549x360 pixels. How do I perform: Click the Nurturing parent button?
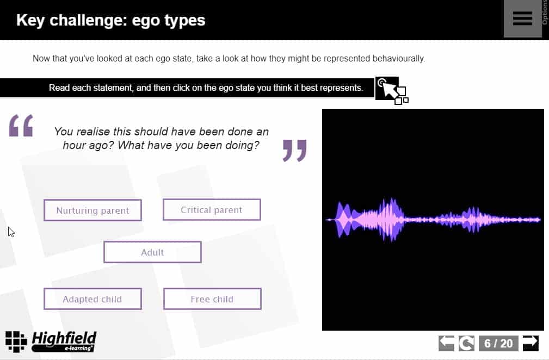pos(93,210)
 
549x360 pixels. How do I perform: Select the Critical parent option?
pos(212,209)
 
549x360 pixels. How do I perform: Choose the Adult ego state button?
pos(153,252)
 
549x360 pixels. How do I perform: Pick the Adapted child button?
pos(93,299)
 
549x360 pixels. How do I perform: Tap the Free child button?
pos(213,299)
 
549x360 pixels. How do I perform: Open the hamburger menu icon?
pos(522,18)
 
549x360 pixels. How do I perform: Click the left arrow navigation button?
pos(446,343)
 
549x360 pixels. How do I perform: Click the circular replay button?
pos(467,343)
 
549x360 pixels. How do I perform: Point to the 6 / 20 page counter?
pos(498,343)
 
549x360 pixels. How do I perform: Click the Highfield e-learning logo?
pos(51,342)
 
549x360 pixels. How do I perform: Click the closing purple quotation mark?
pos(295,151)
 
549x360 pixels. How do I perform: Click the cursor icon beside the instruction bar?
pos(392,90)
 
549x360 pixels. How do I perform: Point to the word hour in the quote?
pos(75,145)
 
